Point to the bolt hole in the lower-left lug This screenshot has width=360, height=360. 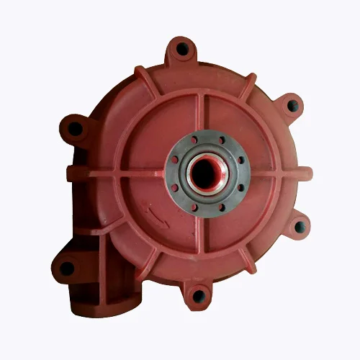click(67, 268)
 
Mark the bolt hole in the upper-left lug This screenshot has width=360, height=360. click(75, 129)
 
